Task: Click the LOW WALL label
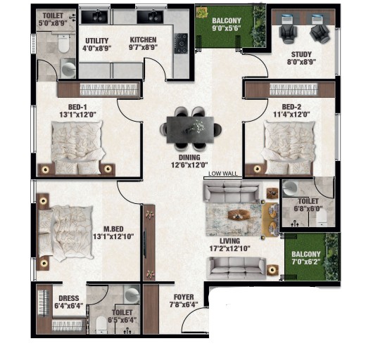(x=222, y=174)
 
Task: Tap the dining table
(x=190, y=130)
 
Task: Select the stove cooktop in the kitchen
(x=182, y=44)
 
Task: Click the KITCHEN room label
(x=143, y=39)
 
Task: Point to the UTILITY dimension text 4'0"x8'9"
(x=97, y=49)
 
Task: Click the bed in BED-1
(x=78, y=148)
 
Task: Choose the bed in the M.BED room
(x=65, y=232)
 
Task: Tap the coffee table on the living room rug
(x=239, y=215)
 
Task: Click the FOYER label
(x=184, y=297)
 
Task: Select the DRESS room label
(x=69, y=298)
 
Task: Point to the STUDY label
(x=301, y=54)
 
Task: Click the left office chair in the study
(x=288, y=34)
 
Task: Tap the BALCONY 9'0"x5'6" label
(x=227, y=24)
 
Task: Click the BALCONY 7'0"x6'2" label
(x=306, y=258)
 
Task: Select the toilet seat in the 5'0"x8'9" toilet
(x=64, y=44)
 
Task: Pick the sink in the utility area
(x=96, y=17)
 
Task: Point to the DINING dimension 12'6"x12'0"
(x=189, y=165)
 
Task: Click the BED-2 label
(x=291, y=107)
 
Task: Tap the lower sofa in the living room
(x=237, y=268)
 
